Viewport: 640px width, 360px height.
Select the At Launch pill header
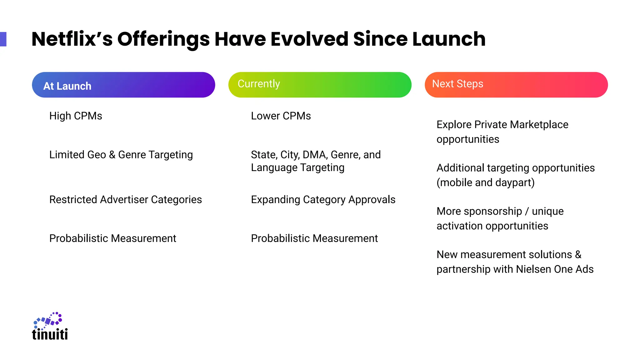(123, 85)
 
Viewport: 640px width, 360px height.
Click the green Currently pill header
(320, 85)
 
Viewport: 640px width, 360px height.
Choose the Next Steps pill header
(516, 85)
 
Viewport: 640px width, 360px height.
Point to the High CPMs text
(76, 116)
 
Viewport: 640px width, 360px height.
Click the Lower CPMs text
(281, 116)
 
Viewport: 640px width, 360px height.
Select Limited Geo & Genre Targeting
(121, 155)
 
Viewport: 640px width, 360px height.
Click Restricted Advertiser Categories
(125, 200)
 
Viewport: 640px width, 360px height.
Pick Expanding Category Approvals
(323, 200)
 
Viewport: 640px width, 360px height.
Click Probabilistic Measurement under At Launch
(112, 238)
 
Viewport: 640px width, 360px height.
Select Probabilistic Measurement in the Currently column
(314, 238)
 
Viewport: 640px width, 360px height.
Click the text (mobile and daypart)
(485, 182)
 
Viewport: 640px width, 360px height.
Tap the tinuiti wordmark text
(50, 334)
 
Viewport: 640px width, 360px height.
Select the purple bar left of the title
(3, 39)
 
